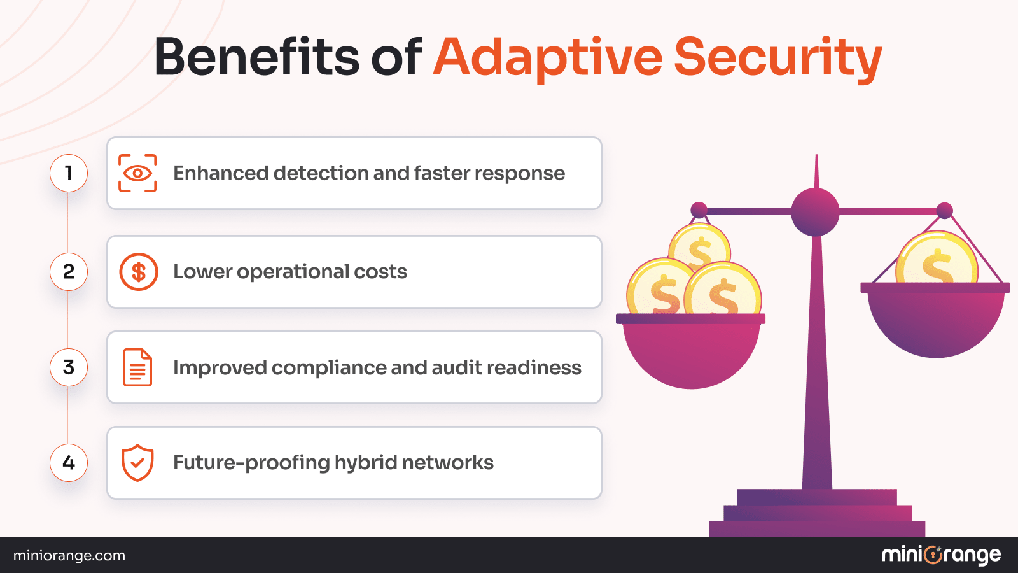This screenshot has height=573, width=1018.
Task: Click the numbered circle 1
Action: click(x=69, y=173)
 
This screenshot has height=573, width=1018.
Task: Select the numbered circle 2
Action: click(x=69, y=272)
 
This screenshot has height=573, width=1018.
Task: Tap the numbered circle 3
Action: click(x=69, y=367)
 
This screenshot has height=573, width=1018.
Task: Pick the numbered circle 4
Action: click(x=69, y=463)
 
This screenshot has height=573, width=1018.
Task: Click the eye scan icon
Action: click(x=137, y=173)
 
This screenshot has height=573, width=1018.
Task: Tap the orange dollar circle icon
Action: click(x=139, y=272)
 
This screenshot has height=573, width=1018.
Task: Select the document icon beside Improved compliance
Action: click(x=137, y=367)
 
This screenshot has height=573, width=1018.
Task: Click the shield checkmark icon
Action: click(x=137, y=463)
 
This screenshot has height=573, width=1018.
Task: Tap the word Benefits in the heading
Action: click(x=256, y=57)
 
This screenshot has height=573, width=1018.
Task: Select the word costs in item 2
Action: click(x=380, y=272)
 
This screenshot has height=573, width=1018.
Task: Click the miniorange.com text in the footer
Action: click(x=69, y=556)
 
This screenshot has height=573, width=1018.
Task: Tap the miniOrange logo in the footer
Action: click(x=941, y=555)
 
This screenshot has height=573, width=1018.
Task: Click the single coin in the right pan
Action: click(x=937, y=260)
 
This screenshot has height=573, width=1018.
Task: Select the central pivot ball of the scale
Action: click(x=815, y=212)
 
